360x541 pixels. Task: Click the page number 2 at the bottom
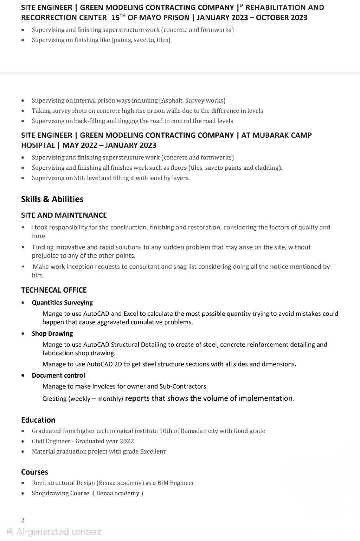(x=23, y=520)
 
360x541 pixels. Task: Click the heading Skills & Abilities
(x=52, y=199)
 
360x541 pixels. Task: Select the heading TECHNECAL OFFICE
(x=54, y=290)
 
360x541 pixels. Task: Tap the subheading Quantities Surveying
(x=62, y=302)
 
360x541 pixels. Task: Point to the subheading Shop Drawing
(x=52, y=333)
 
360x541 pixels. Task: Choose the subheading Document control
(x=58, y=375)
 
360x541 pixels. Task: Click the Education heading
(x=38, y=420)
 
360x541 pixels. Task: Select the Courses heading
(x=34, y=472)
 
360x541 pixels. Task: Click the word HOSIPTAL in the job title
(x=38, y=145)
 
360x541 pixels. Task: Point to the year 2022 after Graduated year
(x=127, y=441)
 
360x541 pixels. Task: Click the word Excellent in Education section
(x=153, y=451)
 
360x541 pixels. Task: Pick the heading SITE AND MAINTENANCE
(x=64, y=215)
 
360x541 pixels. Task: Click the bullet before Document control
(x=23, y=376)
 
